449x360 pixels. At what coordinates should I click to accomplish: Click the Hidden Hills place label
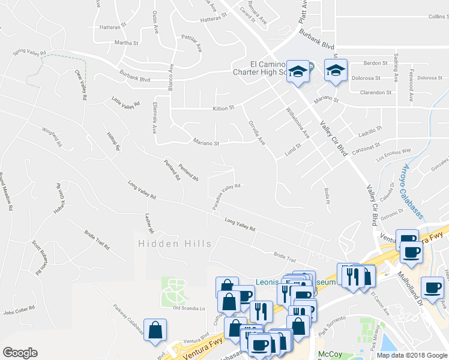point(175,244)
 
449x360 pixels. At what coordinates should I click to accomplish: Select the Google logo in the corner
point(20,353)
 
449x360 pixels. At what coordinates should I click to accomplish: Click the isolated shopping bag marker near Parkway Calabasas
point(155,329)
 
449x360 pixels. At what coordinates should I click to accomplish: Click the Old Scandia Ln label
point(189,308)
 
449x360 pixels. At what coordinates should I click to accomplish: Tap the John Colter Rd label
point(20,312)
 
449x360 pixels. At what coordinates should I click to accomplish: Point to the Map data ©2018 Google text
point(412,355)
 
